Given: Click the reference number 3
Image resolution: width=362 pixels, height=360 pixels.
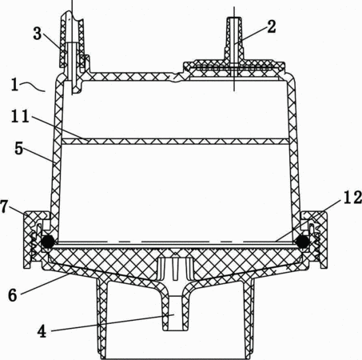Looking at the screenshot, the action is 38,34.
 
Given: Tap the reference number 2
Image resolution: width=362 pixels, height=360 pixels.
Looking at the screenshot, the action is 271,26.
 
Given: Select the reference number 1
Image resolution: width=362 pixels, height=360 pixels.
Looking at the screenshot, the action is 14,85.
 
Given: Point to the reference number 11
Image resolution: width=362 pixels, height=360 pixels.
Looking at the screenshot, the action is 20,117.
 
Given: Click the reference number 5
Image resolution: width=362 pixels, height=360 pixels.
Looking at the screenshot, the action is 19,149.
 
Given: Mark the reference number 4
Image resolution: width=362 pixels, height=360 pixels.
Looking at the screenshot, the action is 42,332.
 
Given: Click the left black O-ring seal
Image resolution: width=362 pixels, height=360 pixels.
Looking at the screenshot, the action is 47,242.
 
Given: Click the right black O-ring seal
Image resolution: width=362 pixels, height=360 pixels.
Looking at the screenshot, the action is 303,242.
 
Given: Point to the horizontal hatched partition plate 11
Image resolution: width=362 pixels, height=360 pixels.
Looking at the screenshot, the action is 175,142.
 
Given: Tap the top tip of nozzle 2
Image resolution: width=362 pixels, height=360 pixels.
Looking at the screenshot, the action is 234,18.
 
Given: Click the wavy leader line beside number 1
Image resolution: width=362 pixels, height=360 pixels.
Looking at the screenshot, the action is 33,86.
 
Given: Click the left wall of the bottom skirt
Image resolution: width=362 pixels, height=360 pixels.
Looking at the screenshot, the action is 101,318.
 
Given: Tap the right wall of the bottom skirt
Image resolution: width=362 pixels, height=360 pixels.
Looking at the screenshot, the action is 249,318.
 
